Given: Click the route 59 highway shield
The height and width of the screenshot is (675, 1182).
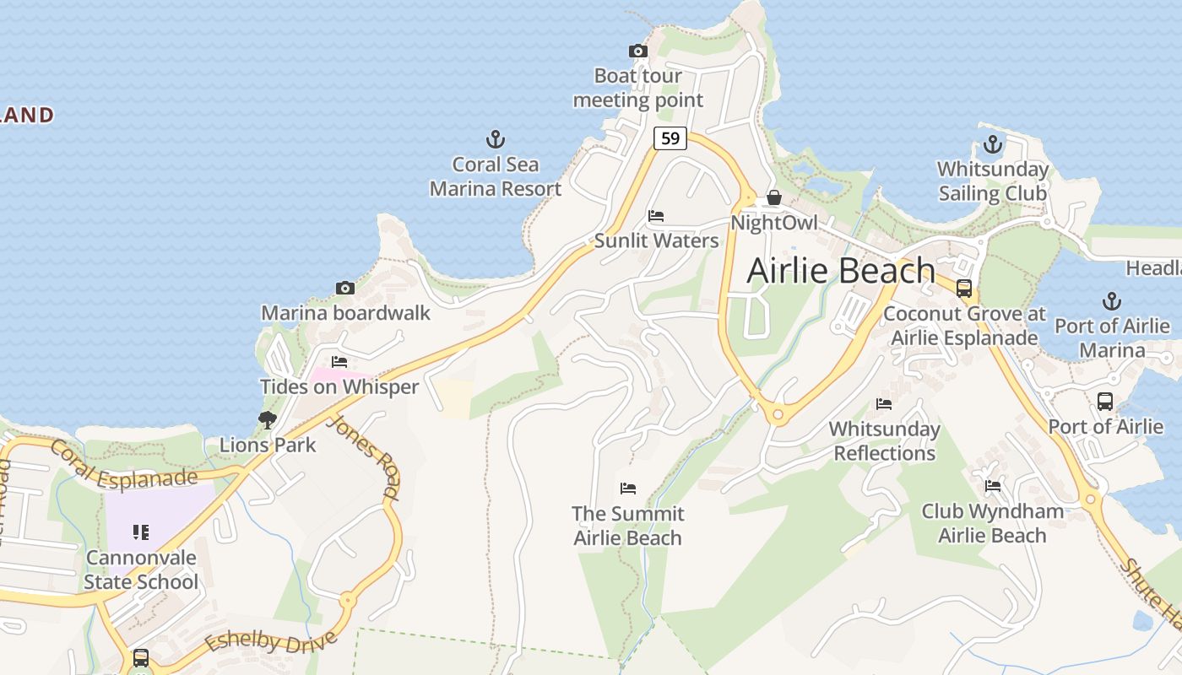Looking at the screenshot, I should [670, 138].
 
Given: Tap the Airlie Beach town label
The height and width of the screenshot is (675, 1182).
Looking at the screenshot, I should [841, 271].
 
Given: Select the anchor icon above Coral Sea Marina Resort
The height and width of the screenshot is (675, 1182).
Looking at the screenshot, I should [496, 139].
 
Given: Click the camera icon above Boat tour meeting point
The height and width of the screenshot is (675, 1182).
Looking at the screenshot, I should [638, 51].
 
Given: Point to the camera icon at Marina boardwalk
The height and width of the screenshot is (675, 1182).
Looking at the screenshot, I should [344, 289].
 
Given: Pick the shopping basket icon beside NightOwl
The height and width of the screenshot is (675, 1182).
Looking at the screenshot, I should [773, 198].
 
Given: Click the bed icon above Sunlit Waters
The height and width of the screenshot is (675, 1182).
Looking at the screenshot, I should [656, 216].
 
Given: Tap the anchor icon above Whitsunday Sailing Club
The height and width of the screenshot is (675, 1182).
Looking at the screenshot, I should [993, 144].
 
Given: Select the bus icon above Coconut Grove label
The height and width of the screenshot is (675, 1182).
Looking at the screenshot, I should [964, 289].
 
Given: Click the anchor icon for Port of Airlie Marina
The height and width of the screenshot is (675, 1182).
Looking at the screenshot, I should [1112, 301].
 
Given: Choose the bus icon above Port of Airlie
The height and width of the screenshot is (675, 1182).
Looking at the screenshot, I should [1104, 402].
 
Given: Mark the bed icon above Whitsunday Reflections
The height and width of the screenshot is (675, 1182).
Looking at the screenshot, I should [884, 404].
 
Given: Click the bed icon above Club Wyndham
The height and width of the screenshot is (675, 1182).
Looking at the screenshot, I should [993, 486].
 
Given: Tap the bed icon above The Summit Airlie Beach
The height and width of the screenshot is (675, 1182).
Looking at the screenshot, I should [627, 489].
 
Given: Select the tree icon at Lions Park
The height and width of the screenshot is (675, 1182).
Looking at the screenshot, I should [268, 419].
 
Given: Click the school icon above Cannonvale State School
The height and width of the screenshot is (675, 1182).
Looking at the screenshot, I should [141, 532].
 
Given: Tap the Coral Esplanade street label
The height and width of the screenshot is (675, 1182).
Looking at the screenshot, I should [123, 467].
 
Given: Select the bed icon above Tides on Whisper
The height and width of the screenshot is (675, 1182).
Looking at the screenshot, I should [339, 362].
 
